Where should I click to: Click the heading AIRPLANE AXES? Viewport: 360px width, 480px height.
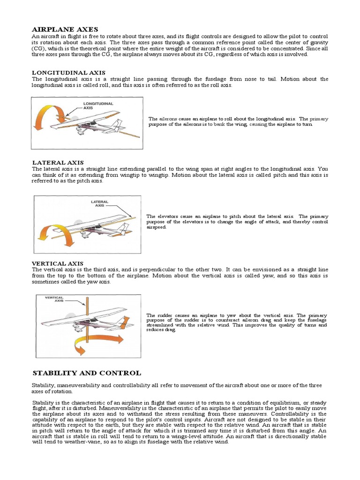[65, 30]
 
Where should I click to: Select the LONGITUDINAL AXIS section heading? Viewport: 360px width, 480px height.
[65, 73]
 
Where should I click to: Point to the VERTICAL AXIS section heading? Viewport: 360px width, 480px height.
[58, 263]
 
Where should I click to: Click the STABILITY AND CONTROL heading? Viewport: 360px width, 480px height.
[86, 373]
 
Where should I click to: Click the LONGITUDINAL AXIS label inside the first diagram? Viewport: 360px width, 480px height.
[97, 105]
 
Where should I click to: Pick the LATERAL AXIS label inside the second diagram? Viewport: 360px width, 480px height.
[99, 203]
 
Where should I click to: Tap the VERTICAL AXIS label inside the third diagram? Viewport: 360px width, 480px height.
[54, 299]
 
